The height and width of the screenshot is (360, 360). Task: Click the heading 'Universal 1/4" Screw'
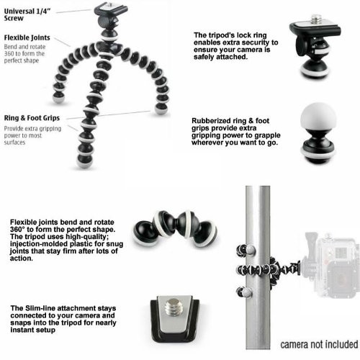27,14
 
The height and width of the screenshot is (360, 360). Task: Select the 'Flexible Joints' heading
27,37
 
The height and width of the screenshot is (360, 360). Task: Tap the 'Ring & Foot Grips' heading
32,118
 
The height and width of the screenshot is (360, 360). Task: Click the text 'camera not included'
319,344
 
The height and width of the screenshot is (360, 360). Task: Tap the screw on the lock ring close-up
315,20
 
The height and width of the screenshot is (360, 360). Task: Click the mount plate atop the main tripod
111,9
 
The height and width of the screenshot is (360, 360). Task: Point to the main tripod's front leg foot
84,161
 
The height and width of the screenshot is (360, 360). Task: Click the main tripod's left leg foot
58,96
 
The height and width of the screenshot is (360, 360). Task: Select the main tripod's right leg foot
161,109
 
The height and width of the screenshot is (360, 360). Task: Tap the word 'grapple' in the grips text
267,135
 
